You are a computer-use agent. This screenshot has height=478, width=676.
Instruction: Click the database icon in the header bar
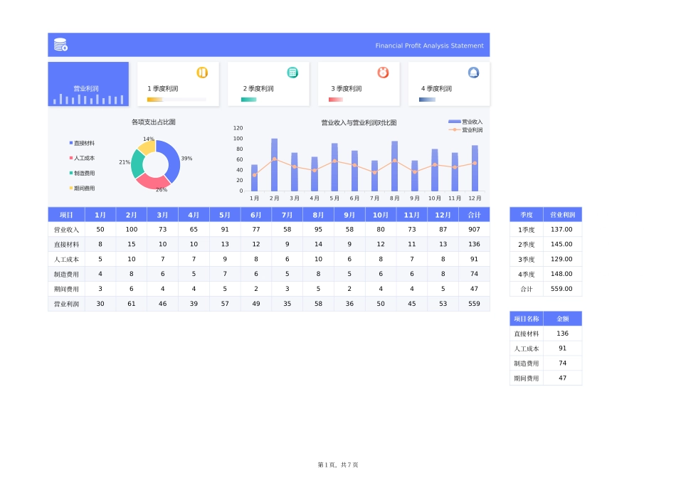coord(61,45)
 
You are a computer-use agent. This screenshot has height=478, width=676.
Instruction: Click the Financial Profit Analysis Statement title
coord(429,46)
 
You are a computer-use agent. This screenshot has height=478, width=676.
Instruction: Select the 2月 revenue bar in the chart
coord(275,165)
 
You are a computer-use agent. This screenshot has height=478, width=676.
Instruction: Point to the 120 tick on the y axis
coord(238,128)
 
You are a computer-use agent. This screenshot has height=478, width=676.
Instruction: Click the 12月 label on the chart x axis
coord(475,198)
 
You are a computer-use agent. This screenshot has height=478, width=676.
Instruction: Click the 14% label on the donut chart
coord(149,139)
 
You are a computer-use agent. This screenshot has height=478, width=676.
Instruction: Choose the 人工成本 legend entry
coord(83,158)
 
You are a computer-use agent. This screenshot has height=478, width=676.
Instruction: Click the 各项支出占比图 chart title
coord(154,122)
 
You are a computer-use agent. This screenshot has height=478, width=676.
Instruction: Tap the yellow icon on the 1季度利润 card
coord(202,73)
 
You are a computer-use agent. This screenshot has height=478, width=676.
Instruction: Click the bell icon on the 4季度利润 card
coord(473,73)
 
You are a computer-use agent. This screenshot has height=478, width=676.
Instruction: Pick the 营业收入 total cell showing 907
coord(474,230)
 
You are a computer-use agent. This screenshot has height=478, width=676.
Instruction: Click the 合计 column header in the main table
coord(474,215)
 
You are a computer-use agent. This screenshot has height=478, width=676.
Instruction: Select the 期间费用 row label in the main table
coord(66,289)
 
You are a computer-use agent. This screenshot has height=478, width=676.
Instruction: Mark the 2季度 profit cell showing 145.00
coord(562,245)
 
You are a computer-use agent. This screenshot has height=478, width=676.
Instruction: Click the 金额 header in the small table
coord(562,319)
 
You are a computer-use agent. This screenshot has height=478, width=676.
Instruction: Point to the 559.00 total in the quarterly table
coord(562,289)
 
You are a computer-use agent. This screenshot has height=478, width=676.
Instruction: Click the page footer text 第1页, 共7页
coord(338,464)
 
